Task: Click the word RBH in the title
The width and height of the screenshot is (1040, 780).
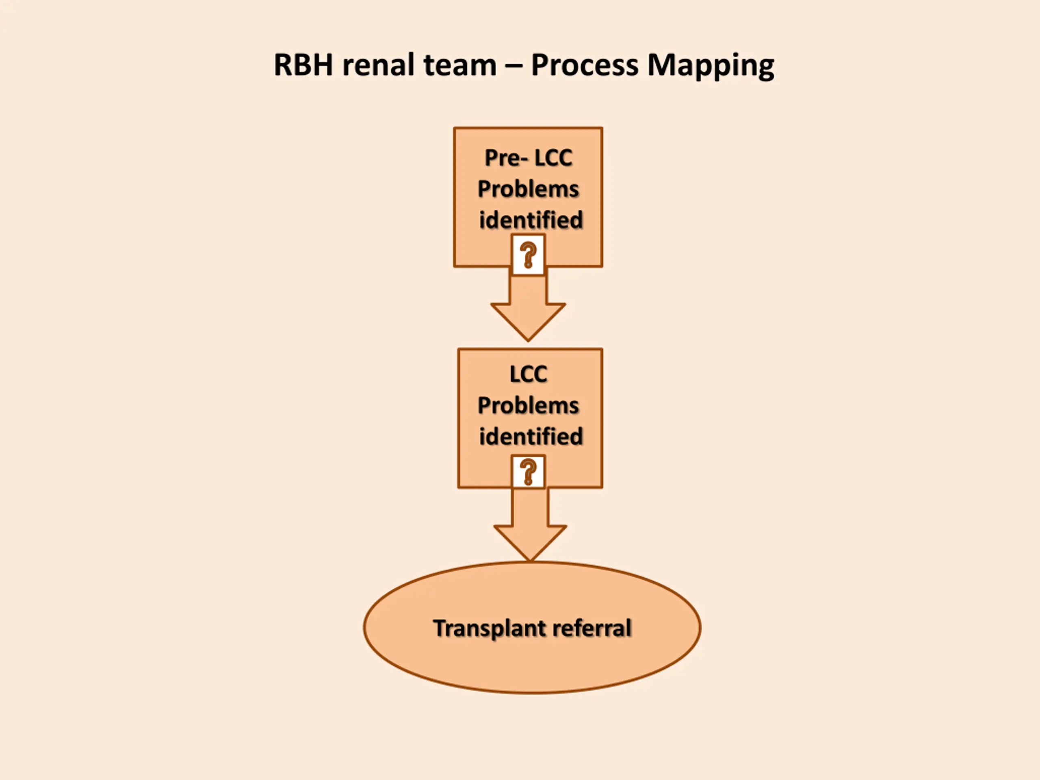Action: coord(303,65)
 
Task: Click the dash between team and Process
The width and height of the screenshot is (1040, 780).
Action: coord(513,66)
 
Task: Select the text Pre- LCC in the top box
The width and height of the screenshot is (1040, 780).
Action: coord(529,158)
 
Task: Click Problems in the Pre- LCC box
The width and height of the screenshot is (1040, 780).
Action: coord(528,189)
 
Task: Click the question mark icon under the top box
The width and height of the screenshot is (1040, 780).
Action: coord(528,254)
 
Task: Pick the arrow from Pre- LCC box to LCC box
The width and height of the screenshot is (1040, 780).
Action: coord(528,308)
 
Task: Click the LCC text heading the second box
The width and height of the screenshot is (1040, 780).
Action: coord(528,374)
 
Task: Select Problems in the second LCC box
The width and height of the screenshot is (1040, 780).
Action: coord(528,405)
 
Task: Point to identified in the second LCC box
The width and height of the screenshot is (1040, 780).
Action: coord(531,436)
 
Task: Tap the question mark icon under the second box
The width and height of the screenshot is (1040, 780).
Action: coord(528,472)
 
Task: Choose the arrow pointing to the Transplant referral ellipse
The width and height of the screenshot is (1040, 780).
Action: coord(530,524)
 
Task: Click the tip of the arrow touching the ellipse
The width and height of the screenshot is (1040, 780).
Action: coord(530,561)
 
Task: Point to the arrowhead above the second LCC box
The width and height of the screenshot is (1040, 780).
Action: coord(528,323)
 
